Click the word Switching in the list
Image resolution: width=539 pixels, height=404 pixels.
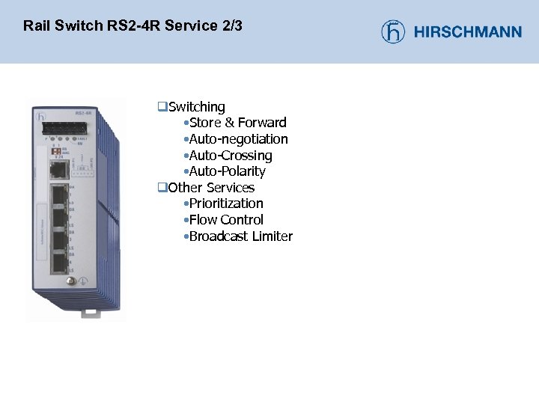(196, 107)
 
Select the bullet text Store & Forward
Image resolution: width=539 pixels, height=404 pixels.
(237, 123)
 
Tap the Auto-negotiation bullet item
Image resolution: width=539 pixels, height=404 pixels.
(238, 139)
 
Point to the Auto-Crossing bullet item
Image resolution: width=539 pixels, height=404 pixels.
(231, 156)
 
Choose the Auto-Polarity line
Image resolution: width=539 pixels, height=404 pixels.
(227, 171)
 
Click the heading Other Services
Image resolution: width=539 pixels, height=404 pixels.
(211, 188)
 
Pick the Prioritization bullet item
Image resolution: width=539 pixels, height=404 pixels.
(226, 203)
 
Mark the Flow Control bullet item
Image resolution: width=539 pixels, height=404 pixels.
(226, 220)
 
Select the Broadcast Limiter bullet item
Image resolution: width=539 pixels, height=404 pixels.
(240, 236)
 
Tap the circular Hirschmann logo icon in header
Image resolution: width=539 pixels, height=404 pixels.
(393, 31)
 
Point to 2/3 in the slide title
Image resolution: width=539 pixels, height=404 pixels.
(232, 26)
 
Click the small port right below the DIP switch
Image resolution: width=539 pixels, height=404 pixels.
(57, 169)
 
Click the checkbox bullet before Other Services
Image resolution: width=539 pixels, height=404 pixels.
(161, 188)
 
